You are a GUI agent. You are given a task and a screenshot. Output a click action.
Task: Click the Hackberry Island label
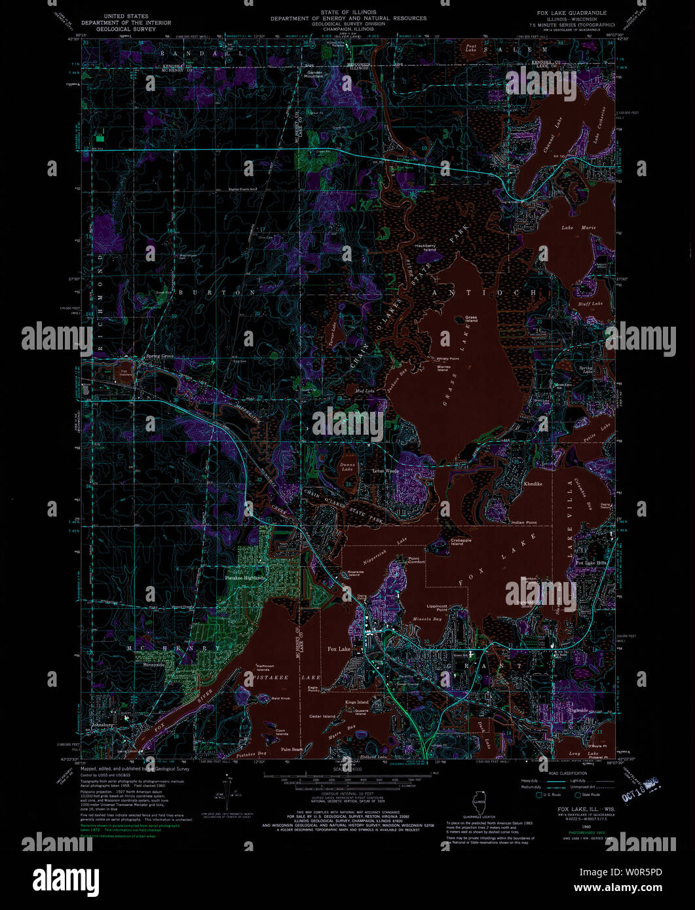click(425, 247)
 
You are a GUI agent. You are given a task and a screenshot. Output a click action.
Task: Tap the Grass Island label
click(471, 319)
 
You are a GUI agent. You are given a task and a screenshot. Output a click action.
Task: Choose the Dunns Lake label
click(347, 467)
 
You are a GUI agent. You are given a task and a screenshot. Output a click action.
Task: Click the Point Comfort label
click(416, 560)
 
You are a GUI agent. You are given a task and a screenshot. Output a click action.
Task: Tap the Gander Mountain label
click(313, 75)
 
